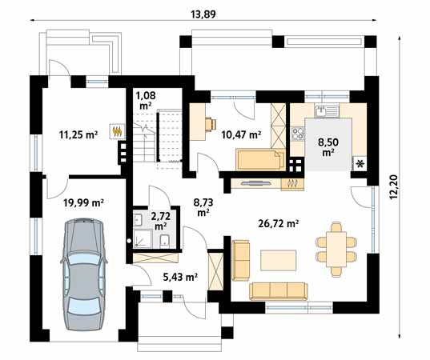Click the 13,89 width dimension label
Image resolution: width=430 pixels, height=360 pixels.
point(203,14)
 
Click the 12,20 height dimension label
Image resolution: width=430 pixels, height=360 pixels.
point(394,187)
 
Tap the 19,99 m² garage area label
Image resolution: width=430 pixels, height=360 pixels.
point(83,203)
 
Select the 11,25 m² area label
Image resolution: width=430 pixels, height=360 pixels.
point(78,134)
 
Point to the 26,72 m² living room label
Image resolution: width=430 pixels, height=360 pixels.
point(279,223)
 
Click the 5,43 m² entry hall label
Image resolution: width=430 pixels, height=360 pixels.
point(180,278)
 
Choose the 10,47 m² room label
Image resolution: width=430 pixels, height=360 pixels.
point(241,134)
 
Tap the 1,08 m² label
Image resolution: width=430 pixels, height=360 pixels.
point(146,100)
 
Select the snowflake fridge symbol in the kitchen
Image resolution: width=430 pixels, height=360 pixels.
point(360,163)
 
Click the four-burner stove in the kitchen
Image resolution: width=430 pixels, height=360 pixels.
point(298,134)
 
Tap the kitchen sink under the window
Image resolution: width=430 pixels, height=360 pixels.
point(327,110)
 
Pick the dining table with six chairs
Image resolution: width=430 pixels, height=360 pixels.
point(336,250)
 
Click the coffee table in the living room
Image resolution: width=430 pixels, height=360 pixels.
point(279,260)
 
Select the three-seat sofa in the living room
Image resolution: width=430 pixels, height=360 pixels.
point(279,291)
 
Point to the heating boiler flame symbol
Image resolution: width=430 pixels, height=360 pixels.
point(118,131)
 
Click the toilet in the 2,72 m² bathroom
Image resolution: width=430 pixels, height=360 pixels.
point(164,241)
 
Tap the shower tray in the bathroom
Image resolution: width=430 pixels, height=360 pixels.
point(143,239)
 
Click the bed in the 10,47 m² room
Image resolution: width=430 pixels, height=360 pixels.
point(260,159)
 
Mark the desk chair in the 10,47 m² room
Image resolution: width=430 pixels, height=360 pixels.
point(211,124)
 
